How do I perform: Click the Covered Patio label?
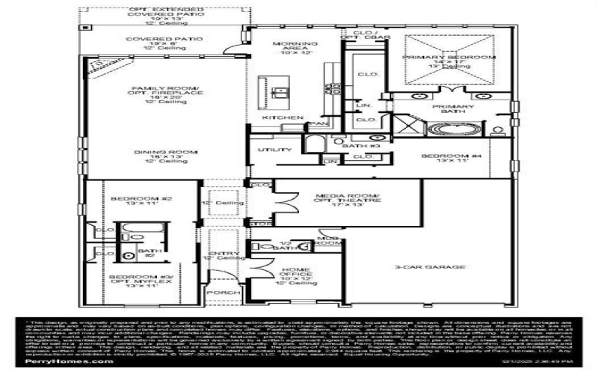point(155,40)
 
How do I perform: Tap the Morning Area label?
point(295,44)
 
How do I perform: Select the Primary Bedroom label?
point(449,57)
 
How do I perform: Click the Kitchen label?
point(282,118)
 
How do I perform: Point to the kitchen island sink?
point(281,93)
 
